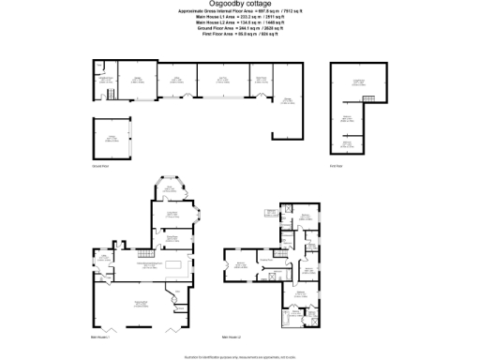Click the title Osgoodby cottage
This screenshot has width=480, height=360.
click(x=239, y=6)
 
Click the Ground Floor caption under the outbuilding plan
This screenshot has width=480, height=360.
click(x=100, y=166)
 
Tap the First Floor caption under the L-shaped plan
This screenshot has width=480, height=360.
click(x=336, y=166)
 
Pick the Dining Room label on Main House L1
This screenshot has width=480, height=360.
click(x=172, y=214)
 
